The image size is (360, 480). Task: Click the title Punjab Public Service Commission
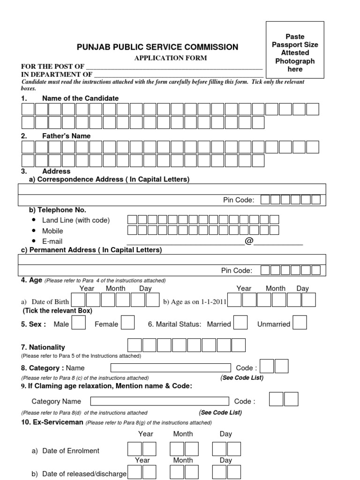(x=157, y=47)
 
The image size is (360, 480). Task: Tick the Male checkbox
(x=78, y=323)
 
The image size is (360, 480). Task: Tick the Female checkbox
(x=127, y=323)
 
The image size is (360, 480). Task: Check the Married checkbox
(x=240, y=323)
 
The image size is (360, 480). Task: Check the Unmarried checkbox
(x=300, y=323)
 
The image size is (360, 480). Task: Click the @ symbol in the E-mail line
(x=248, y=241)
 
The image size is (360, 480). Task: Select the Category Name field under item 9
(x=159, y=401)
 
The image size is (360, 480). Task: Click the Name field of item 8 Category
(x=171, y=368)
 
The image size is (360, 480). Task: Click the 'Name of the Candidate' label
(x=80, y=98)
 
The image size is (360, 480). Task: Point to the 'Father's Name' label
(x=66, y=136)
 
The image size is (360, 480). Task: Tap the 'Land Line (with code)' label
(x=75, y=220)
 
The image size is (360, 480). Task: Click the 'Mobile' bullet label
(x=52, y=231)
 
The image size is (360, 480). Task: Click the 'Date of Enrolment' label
(x=71, y=451)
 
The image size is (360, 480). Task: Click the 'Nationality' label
(x=47, y=347)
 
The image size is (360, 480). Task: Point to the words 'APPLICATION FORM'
(x=171, y=58)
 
